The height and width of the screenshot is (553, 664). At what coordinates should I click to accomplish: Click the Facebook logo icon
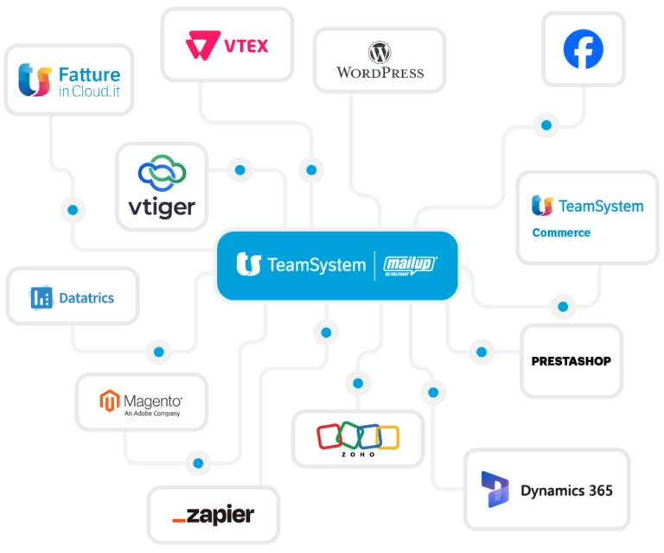coord(583,50)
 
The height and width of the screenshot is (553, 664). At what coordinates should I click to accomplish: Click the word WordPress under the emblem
coord(380,73)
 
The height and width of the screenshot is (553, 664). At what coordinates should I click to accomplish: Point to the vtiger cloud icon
coord(163,174)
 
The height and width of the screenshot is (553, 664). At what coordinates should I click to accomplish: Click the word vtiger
coord(163,207)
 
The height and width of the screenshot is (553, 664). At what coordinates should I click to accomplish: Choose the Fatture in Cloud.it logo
coord(69,80)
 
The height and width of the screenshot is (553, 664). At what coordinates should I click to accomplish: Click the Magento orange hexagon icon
coord(109,401)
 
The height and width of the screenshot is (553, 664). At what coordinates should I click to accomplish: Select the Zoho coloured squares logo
coord(357,435)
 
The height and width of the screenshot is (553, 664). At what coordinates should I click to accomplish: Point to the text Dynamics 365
coord(566,491)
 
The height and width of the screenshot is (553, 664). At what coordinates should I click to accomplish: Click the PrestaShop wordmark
coord(571,360)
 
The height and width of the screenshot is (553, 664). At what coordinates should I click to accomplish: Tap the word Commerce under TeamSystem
coord(561,232)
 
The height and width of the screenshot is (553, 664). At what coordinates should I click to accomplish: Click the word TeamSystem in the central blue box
coord(316,265)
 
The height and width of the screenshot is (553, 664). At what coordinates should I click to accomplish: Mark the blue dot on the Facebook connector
coord(545,125)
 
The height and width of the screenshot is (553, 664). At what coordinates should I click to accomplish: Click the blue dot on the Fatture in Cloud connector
coord(73,209)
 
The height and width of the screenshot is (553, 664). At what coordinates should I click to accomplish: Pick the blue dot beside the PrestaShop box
coord(481,352)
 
